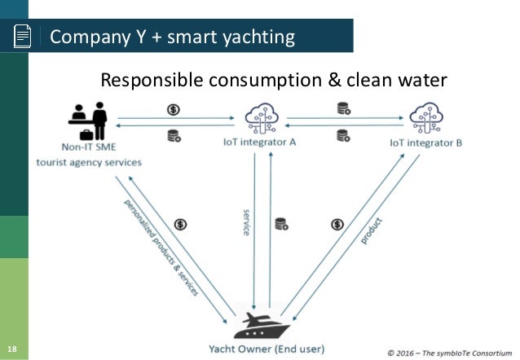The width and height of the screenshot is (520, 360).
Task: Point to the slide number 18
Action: click(x=11, y=352)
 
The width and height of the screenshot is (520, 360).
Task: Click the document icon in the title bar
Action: click(x=23, y=37)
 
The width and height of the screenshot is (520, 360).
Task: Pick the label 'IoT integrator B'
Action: click(x=425, y=143)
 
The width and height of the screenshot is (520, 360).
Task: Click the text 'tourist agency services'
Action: click(x=90, y=162)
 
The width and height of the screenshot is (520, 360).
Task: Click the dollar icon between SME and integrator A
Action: click(x=174, y=110)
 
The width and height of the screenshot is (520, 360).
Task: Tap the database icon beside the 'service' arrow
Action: click(x=280, y=223)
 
